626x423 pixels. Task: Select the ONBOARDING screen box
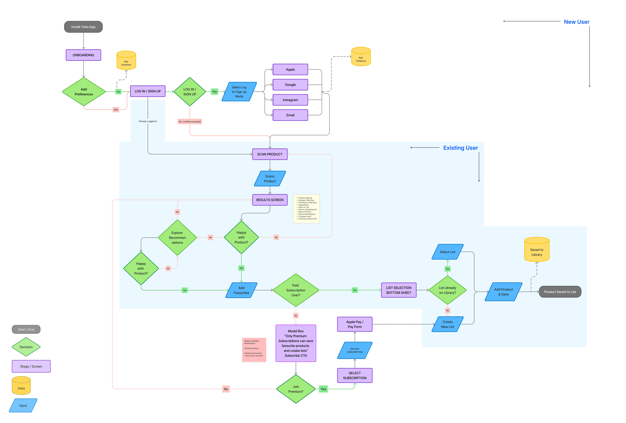point(83,55)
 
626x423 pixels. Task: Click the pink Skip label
point(116,110)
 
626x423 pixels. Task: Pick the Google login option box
point(290,85)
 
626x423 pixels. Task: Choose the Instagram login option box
point(290,100)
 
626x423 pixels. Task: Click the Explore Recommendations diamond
point(177,238)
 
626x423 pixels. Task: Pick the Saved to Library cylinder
point(537,249)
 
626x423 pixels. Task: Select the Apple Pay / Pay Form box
point(355,324)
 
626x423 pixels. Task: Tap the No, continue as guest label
point(190,121)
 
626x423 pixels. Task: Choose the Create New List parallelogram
point(447,324)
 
